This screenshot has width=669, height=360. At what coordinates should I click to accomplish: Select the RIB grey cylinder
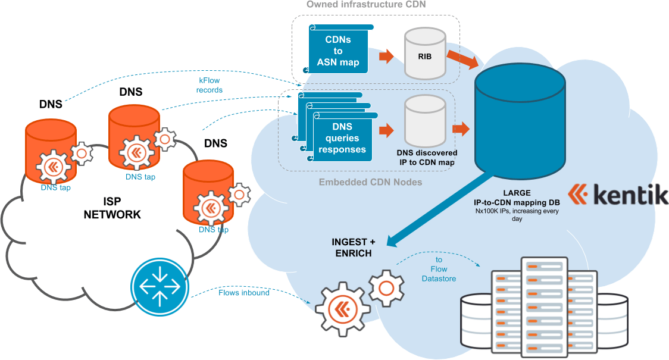pyautogui.click(x=424, y=55)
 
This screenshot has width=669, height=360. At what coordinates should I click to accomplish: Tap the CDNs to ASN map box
pyautogui.click(x=338, y=51)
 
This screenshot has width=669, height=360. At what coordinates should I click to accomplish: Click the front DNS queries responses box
pyautogui.click(x=342, y=138)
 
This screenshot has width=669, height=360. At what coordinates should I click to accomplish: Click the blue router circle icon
pyautogui.click(x=155, y=286)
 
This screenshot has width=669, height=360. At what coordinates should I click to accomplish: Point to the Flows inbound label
pyautogui.click(x=243, y=293)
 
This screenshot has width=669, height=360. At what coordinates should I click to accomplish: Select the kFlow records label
pyautogui.click(x=211, y=85)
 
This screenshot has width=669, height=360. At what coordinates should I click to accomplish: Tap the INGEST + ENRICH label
pyautogui.click(x=353, y=248)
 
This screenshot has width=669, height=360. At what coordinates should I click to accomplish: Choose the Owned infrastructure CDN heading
pyautogui.click(x=367, y=5)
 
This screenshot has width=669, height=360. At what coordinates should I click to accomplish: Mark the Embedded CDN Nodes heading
pyautogui.click(x=370, y=181)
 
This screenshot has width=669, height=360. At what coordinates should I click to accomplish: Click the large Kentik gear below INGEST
pyautogui.click(x=342, y=308)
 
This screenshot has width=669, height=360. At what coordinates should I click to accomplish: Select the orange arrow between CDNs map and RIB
pyautogui.click(x=386, y=57)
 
